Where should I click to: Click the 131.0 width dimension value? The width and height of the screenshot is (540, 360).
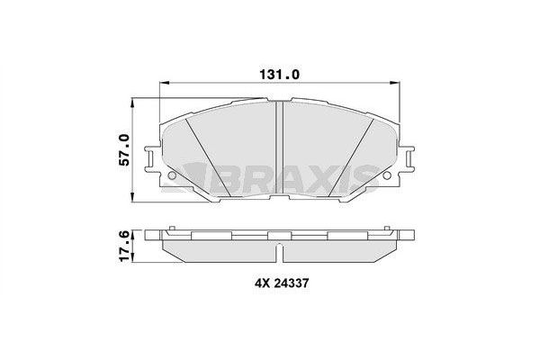coord(280,76)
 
